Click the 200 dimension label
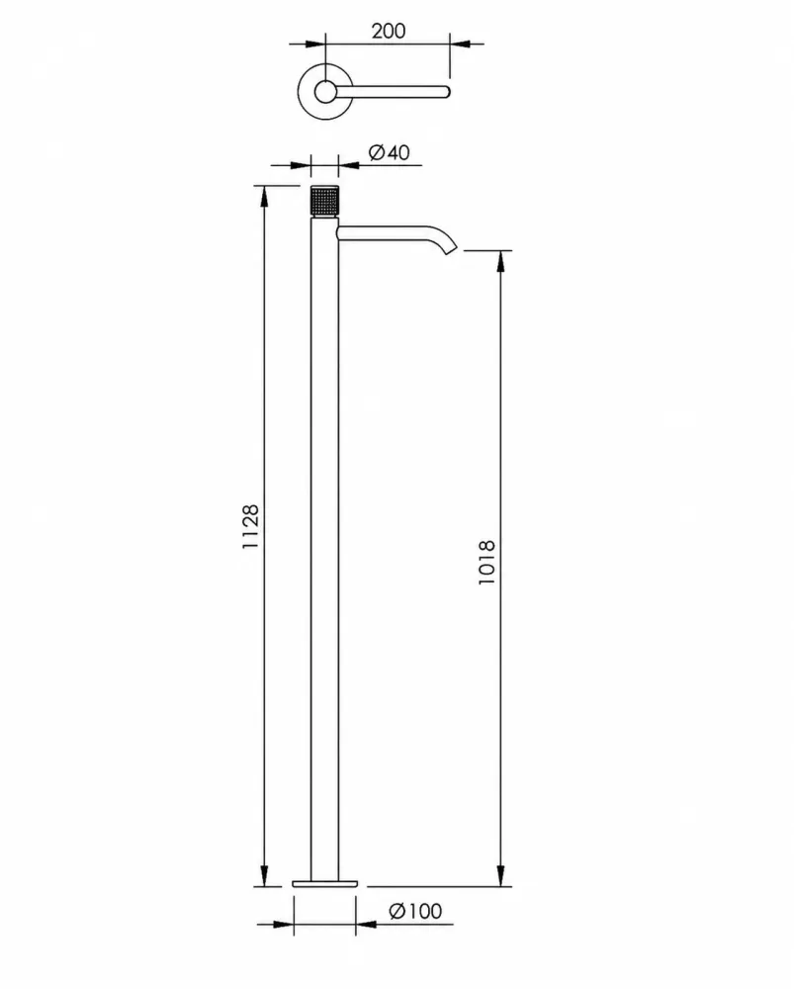point(388,31)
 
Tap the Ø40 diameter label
point(390,152)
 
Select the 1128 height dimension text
point(250,526)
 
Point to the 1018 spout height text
point(486,562)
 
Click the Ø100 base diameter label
point(415,911)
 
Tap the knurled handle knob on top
point(324,201)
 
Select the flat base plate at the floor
point(324,883)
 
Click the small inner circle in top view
point(325,92)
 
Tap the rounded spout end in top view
point(447,92)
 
